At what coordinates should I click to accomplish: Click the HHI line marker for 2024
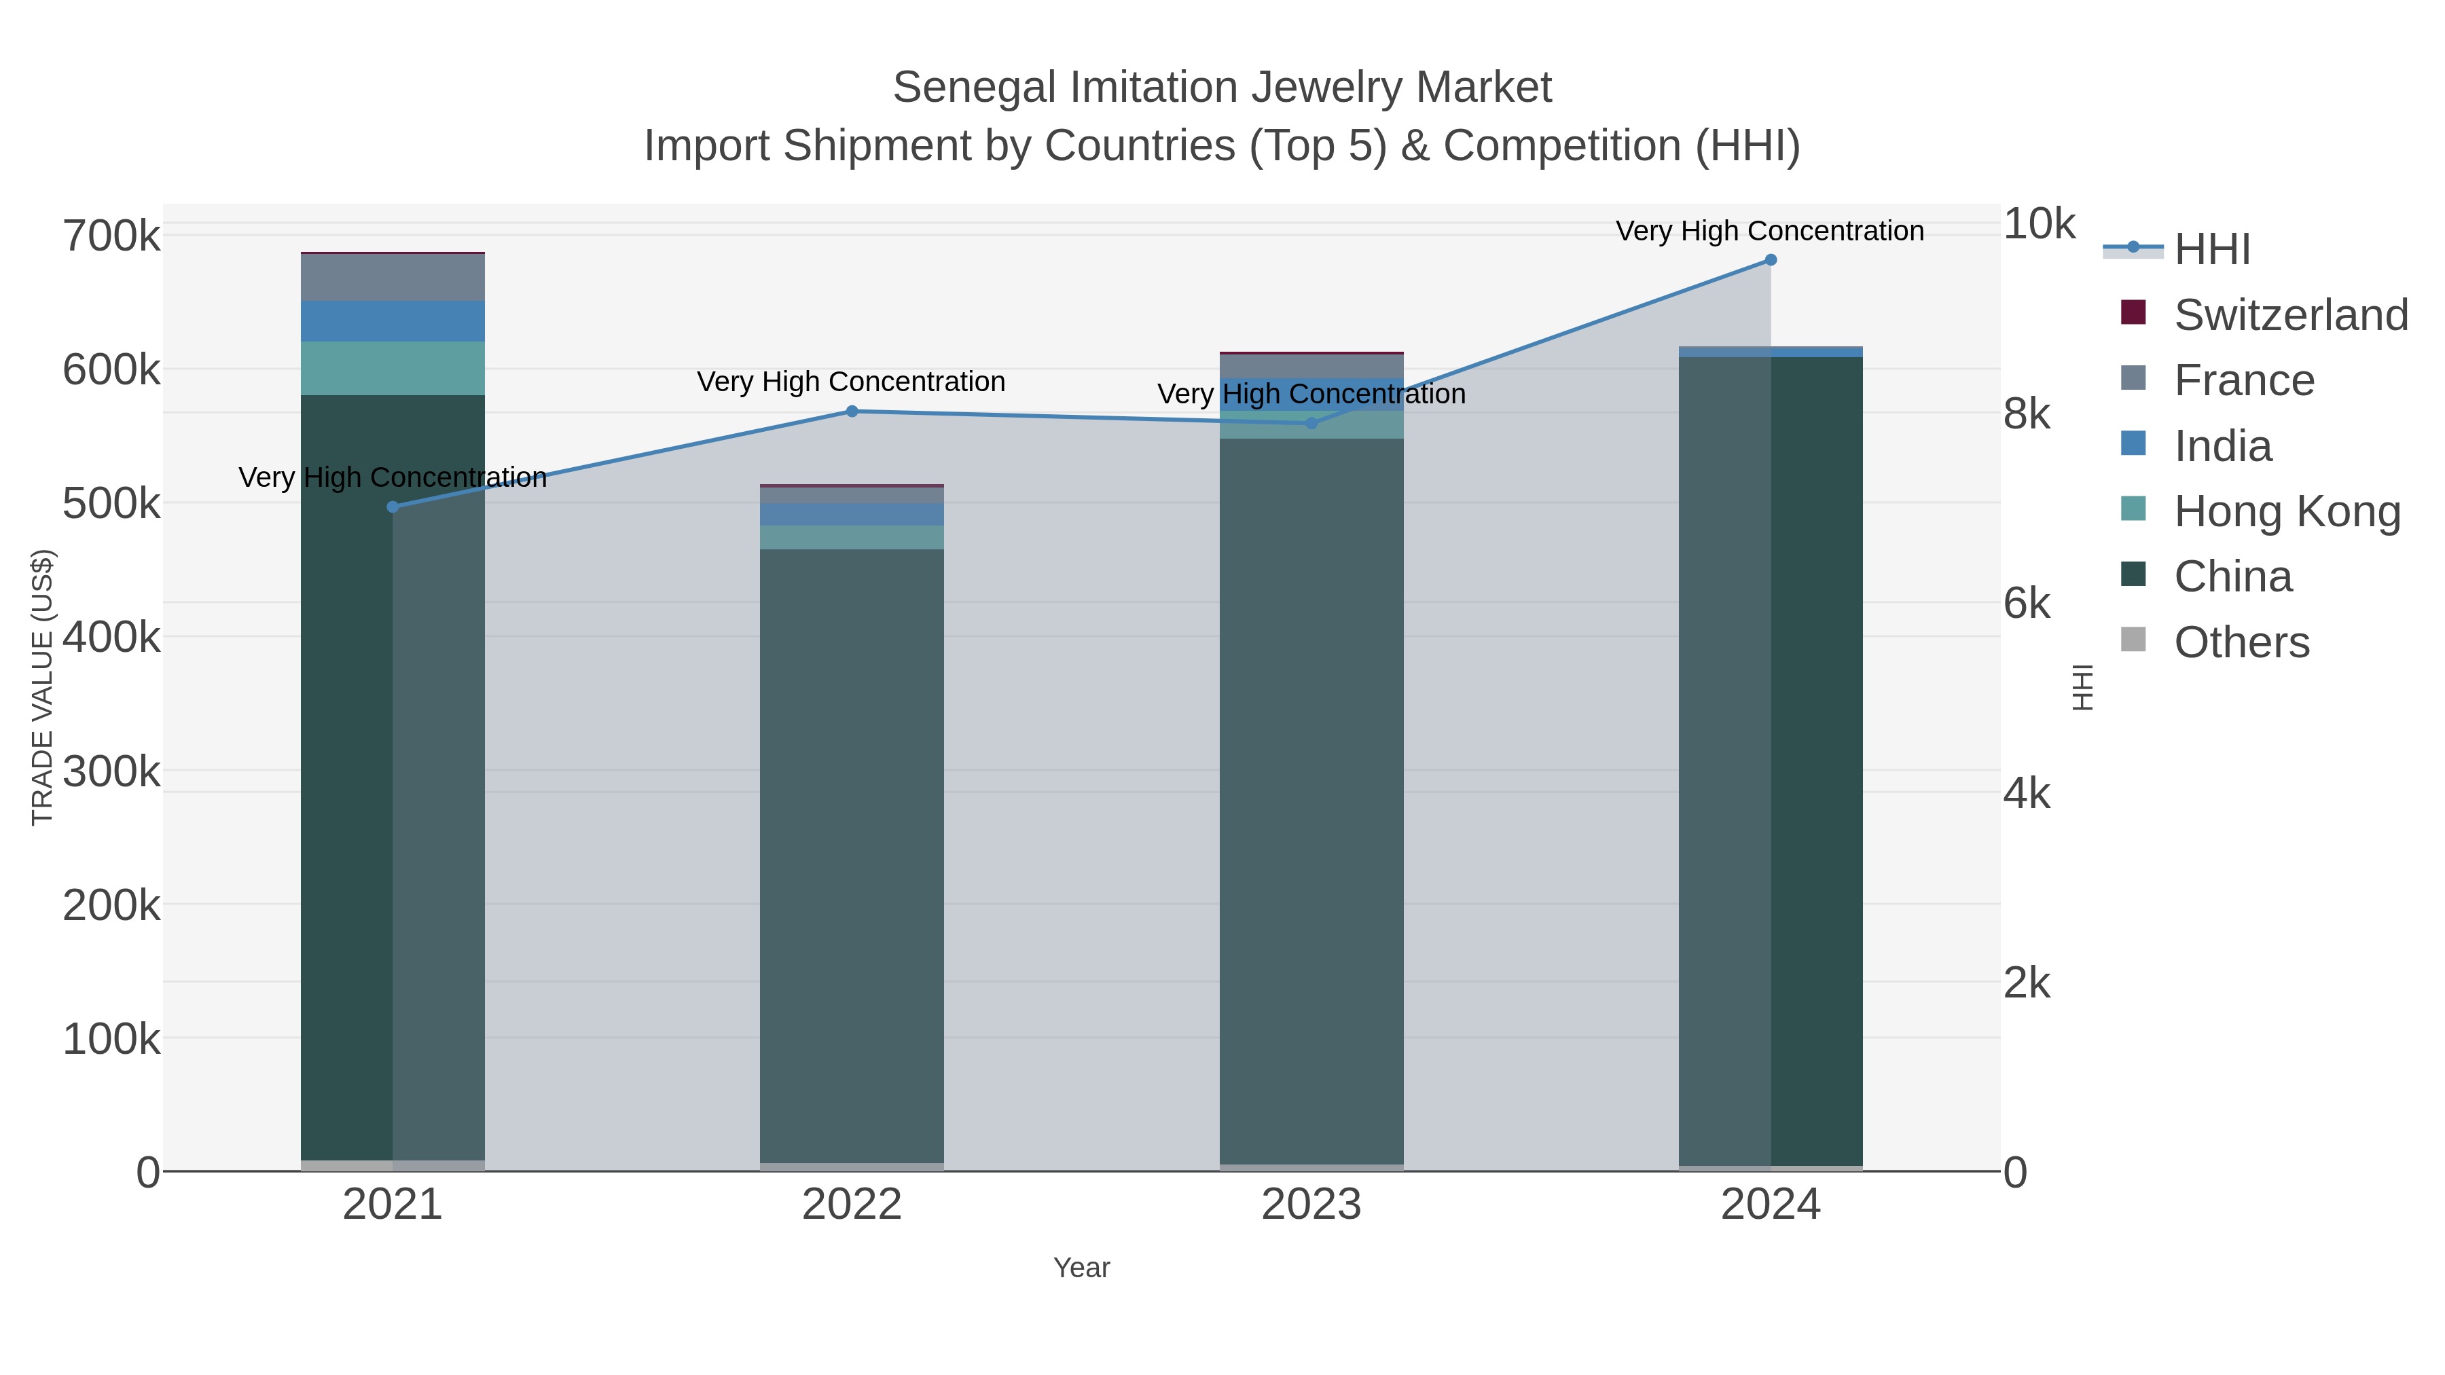(x=1770, y=260)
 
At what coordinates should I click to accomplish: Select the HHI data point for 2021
(x=393, y=507)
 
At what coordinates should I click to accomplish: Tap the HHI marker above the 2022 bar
(x=852, y=411)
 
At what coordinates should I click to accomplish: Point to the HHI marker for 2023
(x=1311, y=423)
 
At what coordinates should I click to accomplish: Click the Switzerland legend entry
(x=2289, y=315)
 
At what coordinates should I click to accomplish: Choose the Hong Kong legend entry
(x=2285, y=511)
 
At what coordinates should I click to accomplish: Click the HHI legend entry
(x=2211, y=250)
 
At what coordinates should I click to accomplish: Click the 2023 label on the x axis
(x=1311, y=1205)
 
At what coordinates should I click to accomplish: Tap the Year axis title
(x=1081, y=1268)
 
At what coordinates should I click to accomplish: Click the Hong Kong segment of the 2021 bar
(x=393, y=368)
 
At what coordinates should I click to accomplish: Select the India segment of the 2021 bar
(x=393, y=320)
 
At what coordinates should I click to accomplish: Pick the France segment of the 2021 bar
(x=393, y=277)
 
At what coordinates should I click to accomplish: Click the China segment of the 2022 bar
(x=852, y=854)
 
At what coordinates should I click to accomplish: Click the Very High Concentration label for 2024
(x=1769, y=231)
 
